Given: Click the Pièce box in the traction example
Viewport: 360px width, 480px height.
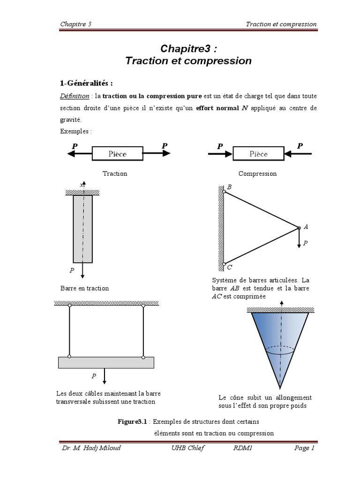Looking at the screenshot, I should coord(118,153).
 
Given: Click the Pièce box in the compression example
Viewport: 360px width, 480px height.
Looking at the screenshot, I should coord(258,153).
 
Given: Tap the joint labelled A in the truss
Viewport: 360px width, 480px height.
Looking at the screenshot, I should coord(299,228).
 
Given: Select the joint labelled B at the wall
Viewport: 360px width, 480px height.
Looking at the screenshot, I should coord(224,191).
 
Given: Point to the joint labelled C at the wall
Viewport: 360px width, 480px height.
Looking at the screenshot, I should coord(224,264).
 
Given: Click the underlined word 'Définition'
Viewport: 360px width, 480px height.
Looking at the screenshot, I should coord(75,96).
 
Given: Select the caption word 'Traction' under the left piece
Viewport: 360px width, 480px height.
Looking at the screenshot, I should coord(115,173).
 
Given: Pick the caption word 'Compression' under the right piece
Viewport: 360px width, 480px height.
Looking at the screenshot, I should coord(257,173).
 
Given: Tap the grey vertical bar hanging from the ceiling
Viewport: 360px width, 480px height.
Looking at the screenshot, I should coord(82,228).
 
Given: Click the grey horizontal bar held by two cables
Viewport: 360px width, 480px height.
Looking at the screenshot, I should coord(106,362).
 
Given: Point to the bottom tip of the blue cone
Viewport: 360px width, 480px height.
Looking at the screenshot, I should coord(280,387).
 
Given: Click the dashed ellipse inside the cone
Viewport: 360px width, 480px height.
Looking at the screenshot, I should coord(280,349).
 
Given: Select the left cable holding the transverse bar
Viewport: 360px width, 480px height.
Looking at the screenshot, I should coord(69,331).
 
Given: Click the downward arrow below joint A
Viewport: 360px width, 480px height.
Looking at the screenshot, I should coord(299,240).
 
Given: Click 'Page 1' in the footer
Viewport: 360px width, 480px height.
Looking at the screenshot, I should coord(304,448).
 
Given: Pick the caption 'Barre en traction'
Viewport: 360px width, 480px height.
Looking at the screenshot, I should coord(84,288).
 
